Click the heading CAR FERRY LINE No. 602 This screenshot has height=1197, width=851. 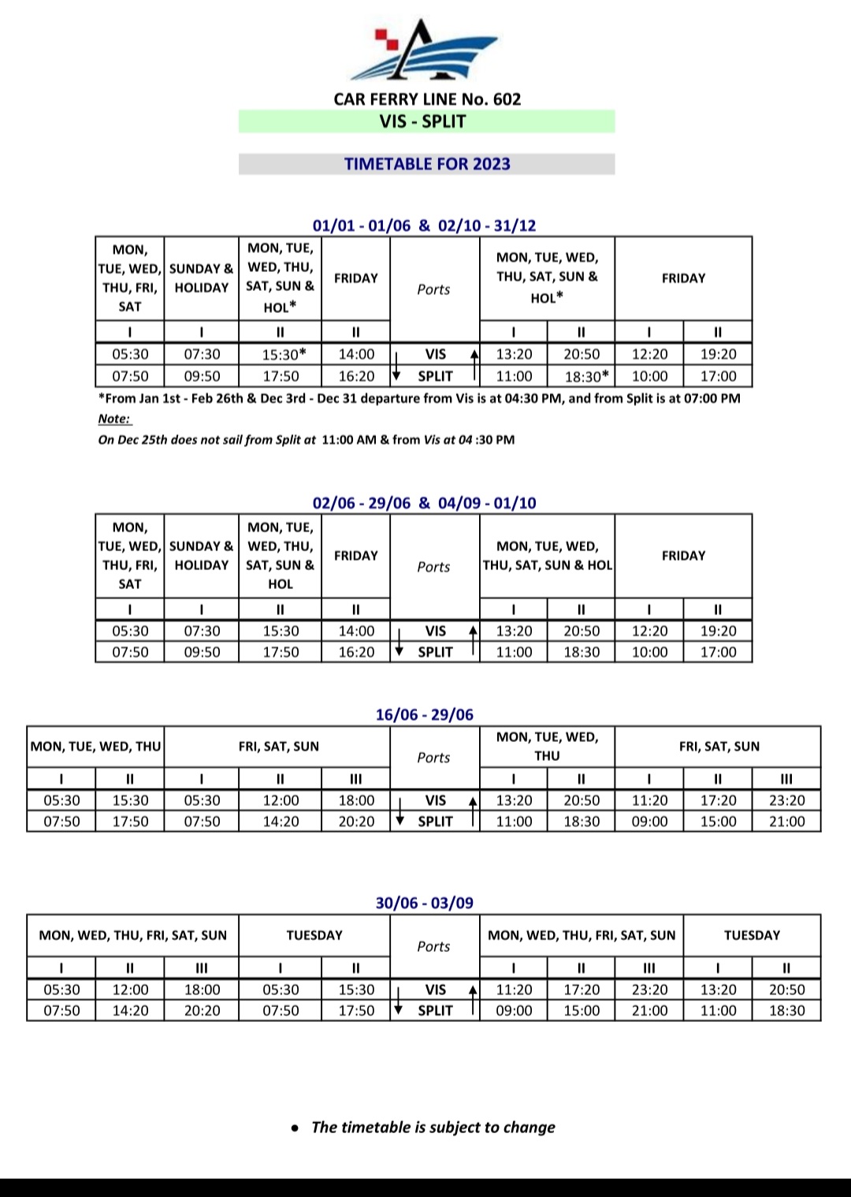coord(427,99)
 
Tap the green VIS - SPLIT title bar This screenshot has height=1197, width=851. coord(426,121)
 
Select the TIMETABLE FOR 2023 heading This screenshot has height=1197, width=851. coord(426,164)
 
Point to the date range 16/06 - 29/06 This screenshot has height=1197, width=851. coord(424,715)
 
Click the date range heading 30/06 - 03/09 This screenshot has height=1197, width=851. coord(424,904)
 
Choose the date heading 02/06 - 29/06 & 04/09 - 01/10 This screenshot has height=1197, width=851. coord(424,503)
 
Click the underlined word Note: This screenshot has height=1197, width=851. coord(114,419)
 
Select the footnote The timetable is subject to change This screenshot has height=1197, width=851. coord(433,1128)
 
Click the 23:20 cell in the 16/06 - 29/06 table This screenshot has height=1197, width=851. coord(786,800)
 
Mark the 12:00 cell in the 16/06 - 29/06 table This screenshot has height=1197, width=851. coord(281,800)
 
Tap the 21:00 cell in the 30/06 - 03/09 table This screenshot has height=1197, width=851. coord(649,1011)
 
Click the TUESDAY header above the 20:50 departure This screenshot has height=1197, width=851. coord(752,935)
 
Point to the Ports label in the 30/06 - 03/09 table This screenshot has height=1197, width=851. coord(433,946)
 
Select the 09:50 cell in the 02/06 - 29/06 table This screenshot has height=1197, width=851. coord(202,652)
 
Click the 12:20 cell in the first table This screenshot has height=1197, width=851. coord(649,354)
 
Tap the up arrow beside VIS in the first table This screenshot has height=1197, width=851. coord(474,356)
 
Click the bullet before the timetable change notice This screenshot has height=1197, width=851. coord(295,1128)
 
